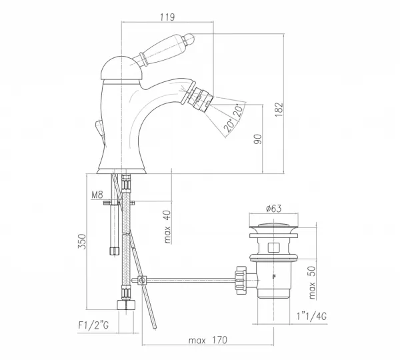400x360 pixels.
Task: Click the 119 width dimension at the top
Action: point(167,17)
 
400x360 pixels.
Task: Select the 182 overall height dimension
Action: point(279,109)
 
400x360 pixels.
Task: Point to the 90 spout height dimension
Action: point(258,139)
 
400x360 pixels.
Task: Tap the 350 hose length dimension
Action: point(82,241)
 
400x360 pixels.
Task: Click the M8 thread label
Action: point(97,195)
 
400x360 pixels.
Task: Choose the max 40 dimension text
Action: point(167,227)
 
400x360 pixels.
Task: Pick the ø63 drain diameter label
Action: point(274,209)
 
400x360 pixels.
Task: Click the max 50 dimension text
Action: point(312,283)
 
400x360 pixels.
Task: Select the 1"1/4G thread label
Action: point(311,317)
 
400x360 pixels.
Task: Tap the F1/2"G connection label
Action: point(93,325)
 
